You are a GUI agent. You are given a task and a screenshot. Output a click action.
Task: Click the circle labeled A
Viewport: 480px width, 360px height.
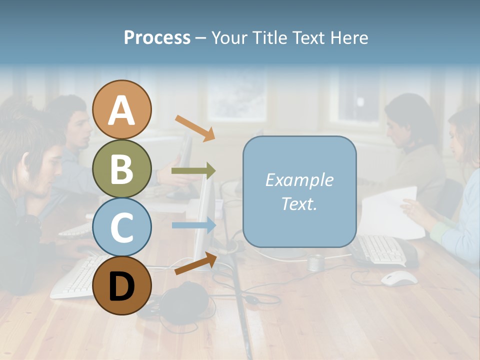tap(122, 109)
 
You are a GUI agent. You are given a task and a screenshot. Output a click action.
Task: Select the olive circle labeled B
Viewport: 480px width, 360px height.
tap(122, 168)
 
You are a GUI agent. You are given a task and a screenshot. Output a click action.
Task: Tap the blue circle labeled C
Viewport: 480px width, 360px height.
tap(122, 227)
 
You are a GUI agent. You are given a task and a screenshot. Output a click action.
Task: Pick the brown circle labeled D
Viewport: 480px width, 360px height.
tap(122, 285)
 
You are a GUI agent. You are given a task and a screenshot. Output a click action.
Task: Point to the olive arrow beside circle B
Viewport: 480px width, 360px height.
tap(193, 171)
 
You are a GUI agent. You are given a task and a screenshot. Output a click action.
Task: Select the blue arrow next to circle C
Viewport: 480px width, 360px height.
tap(194, 225)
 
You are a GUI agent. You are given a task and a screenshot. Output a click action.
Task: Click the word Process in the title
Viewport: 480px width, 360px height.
tap(157, 38)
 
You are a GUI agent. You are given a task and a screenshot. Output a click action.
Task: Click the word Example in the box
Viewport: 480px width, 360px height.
tap(299, 180)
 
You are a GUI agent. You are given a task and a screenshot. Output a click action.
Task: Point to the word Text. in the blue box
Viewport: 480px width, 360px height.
tap(299, 203)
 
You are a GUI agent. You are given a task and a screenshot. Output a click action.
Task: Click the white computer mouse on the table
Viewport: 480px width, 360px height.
tap(399, 278)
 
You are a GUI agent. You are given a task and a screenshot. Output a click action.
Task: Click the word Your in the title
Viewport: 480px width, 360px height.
tap(229, 38)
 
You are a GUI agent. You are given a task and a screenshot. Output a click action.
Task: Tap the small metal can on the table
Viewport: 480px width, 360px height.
tap(315, 262)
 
